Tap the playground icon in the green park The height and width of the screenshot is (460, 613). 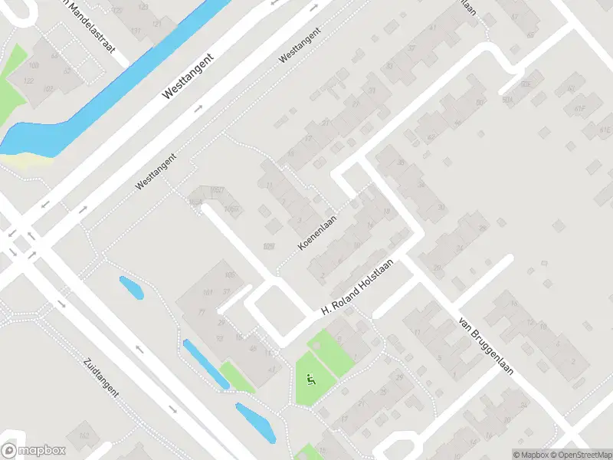[x=310, y=377]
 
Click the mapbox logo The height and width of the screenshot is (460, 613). [x=32, y=451]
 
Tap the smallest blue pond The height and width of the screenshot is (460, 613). [x=131, y=288]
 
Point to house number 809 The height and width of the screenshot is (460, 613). [x=268, y=245]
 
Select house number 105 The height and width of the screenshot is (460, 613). [x=228, y=275]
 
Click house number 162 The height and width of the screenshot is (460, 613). [x=84, y=436]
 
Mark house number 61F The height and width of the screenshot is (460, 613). [x=580, y=109]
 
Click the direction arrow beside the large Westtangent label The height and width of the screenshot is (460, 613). [x=200, y=108]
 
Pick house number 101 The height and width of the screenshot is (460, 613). [x=207, y=292]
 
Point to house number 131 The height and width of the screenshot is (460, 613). [x=136, y=31]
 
